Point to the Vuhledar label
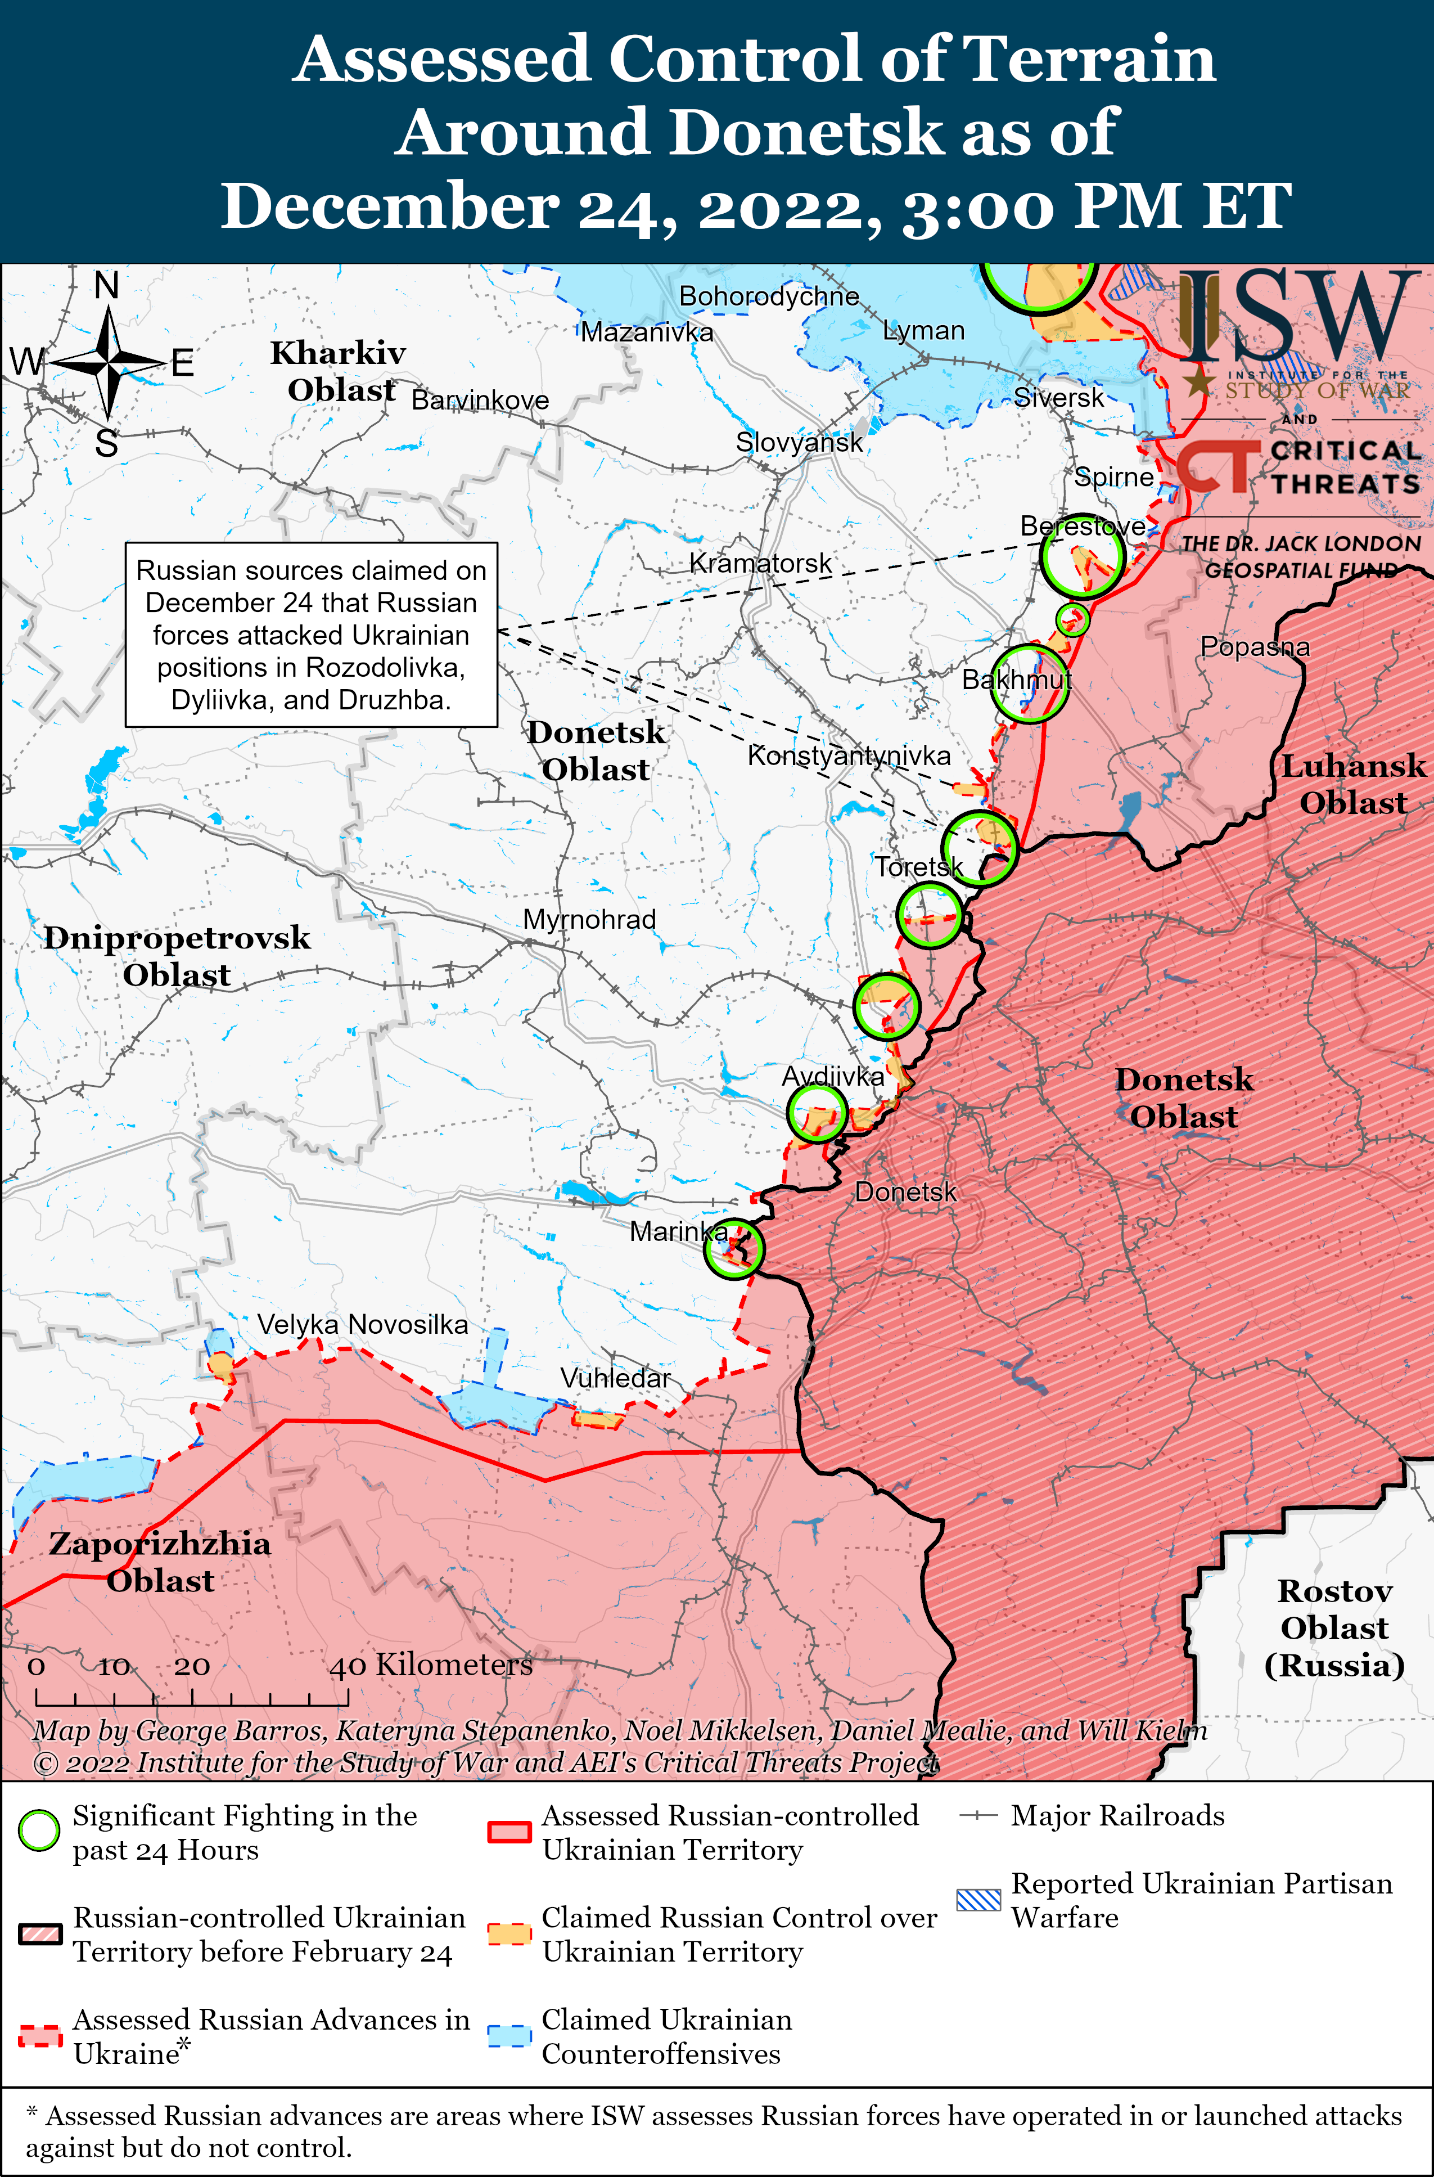coord(615,1378)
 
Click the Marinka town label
coord(678,1231)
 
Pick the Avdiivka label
coord(832,1076)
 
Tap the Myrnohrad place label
coord(589,919)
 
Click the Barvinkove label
coord(480,400)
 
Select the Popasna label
coord(1255,647)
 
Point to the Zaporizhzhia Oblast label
coord(160,1562)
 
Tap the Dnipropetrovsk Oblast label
coord(177,956)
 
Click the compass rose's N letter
coord(107,285)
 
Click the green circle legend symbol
coord(39,1830)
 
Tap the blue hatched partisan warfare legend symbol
coord(978,1900)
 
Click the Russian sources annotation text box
coord(311,635)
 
